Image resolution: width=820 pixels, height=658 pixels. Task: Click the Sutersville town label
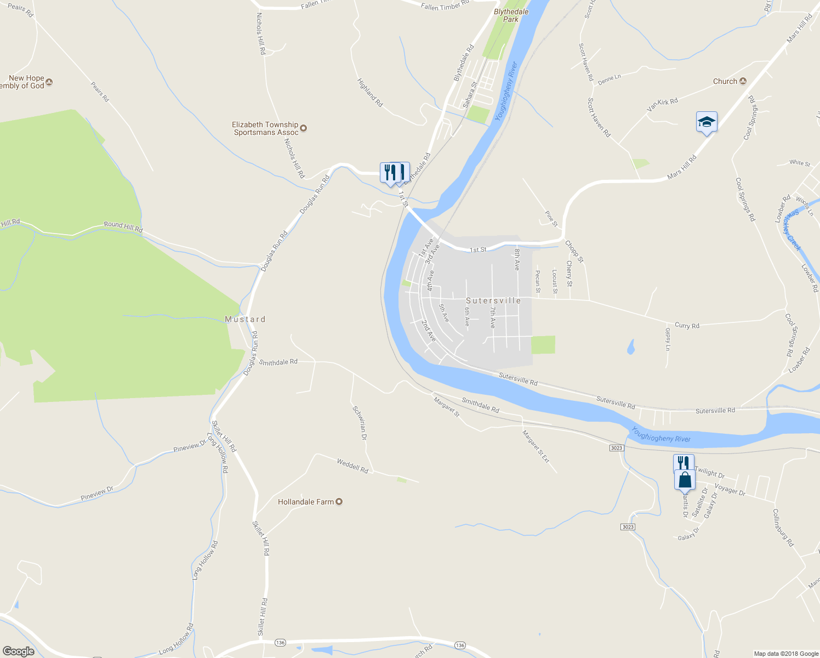click(493, 300)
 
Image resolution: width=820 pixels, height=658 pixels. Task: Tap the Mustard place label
click(245, 319)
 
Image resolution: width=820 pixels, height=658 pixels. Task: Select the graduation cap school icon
click(707, 122)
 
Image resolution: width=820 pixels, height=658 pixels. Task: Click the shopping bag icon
click(685, 480)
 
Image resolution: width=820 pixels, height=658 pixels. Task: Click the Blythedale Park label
click(511, 15)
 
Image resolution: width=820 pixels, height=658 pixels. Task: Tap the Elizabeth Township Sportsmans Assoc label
click(266, 128)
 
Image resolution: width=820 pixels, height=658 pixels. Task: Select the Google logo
click(18, 651)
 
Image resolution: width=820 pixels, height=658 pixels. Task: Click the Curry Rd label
click(687, 325)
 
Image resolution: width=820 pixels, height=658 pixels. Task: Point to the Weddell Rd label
click(352, 466)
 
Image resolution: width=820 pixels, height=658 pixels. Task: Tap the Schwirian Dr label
click(360, 423)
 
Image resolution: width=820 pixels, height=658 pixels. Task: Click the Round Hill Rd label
click(123, 226)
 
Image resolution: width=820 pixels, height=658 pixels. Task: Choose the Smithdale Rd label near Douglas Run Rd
click(278, 362)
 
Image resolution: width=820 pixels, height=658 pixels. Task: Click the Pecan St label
click(538, 281)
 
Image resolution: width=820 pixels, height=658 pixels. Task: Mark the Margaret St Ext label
click(536, 446)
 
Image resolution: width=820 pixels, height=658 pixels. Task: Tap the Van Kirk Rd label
click(662, 104)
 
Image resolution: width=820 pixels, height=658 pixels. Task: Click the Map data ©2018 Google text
click(785, 654)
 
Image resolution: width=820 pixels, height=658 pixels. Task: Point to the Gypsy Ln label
click(668, 339)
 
